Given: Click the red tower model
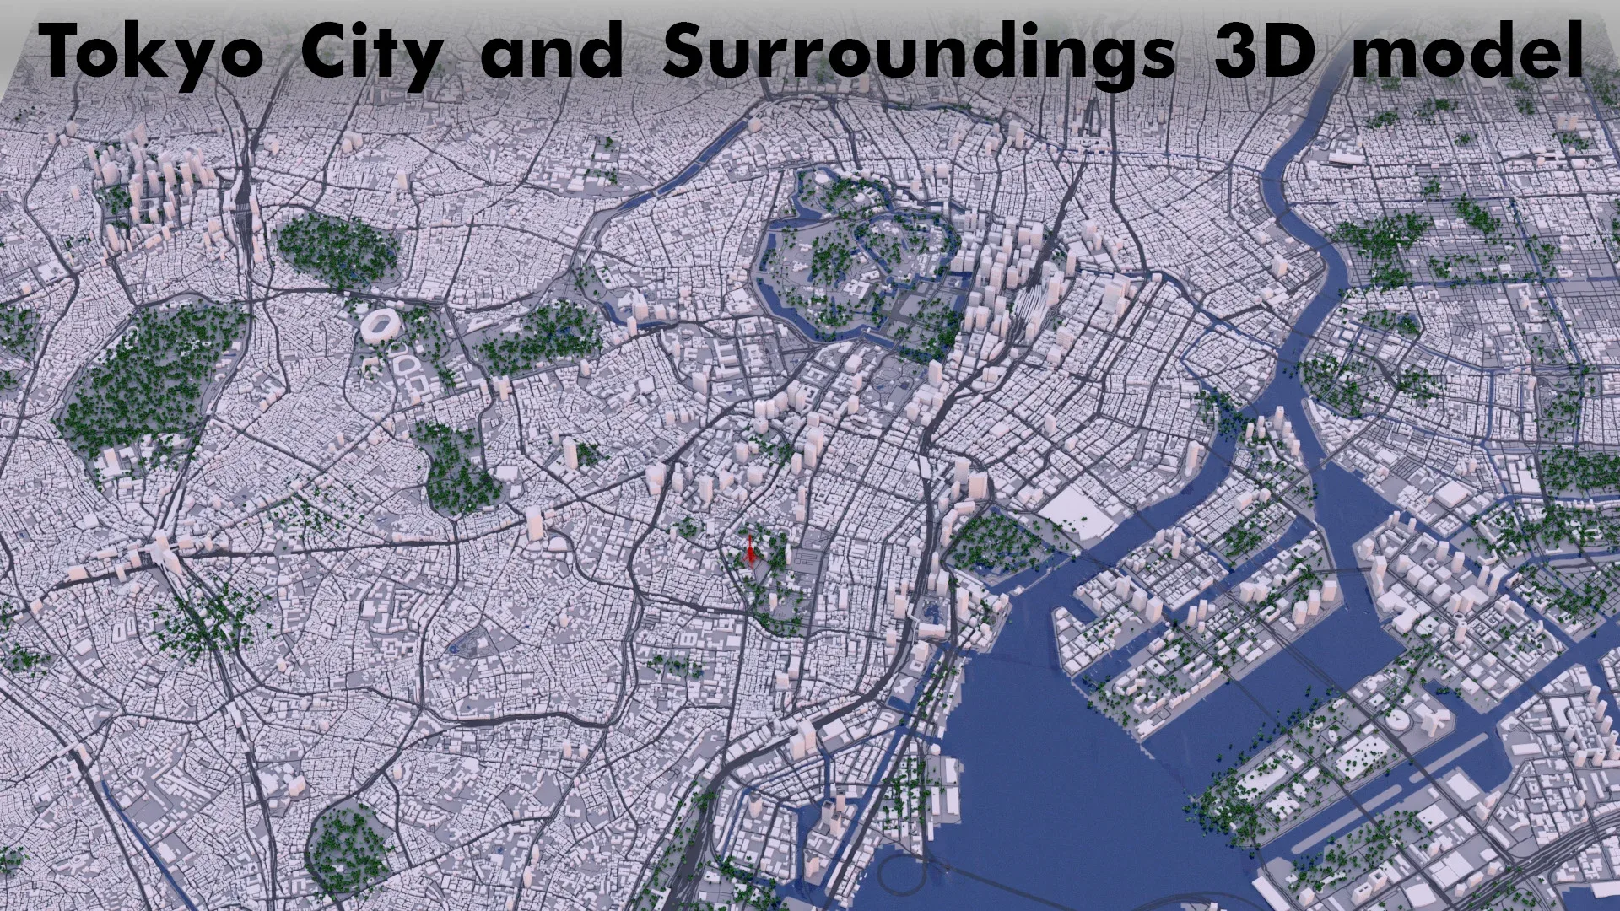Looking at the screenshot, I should (748, 550).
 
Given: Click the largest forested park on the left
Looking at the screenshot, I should (148, 380).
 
